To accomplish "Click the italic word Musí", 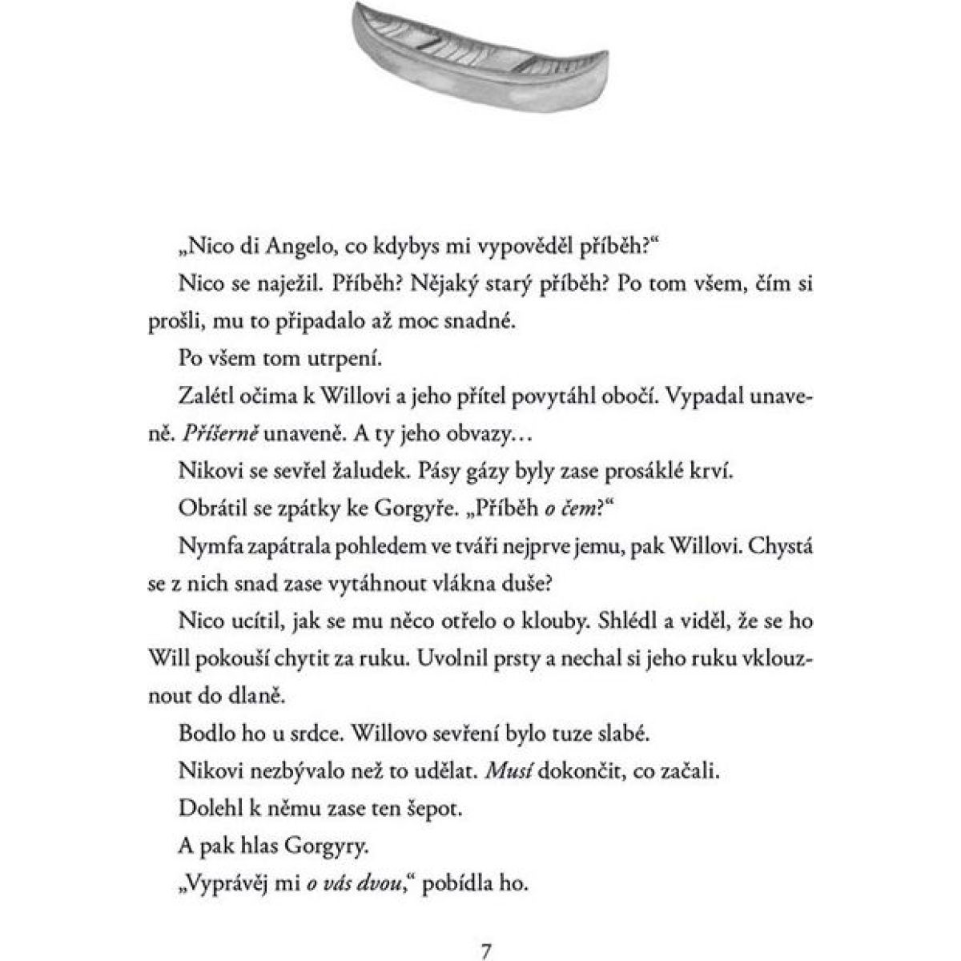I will click(514, 770).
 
